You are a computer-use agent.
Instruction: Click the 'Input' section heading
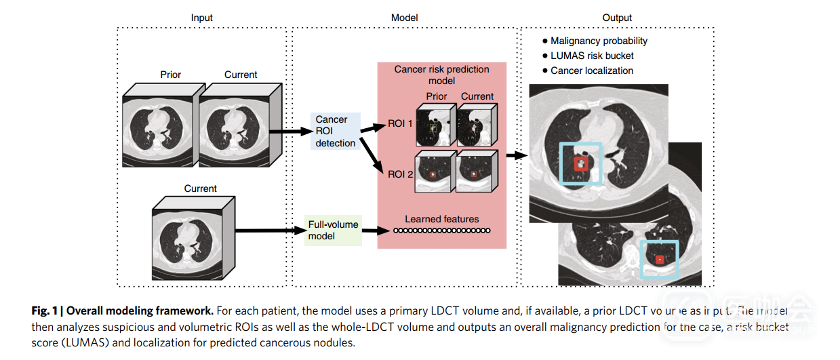201,18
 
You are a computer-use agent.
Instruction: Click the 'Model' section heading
404,18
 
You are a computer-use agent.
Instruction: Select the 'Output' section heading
617,18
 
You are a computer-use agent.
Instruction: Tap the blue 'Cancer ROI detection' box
336,131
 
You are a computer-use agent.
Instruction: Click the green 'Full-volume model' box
332,230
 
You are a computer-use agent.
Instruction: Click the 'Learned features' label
441,219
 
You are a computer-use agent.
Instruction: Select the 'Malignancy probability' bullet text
598,41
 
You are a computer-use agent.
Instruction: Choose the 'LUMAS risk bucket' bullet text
592,56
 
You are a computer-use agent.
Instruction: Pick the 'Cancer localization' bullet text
591,71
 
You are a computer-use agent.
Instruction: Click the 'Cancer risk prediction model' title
441,75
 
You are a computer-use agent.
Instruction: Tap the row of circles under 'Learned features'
441,231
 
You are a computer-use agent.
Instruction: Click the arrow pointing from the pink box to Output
517,155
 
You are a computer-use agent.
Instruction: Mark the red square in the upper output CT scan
581,163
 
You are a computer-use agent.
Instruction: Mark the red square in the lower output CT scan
660,259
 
